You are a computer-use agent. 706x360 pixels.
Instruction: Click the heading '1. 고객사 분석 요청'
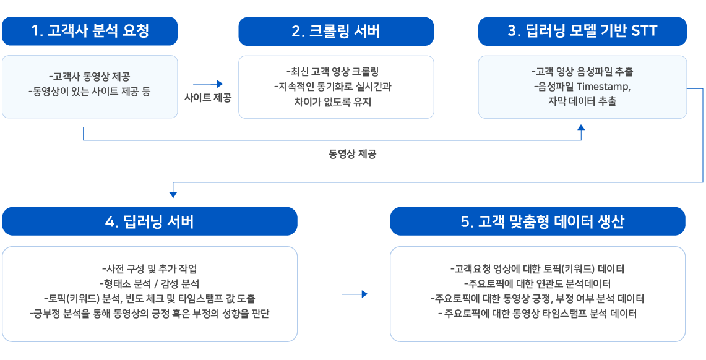(x=90, y=31)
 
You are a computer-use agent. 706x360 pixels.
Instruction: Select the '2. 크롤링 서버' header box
(x=336, y=32)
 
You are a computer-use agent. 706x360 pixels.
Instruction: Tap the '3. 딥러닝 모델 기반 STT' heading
(x=583, y=32)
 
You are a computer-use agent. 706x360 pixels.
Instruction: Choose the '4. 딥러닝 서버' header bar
(x=150, y=221)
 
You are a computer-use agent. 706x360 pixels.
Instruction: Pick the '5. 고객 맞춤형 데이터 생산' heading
(x=538, y=221)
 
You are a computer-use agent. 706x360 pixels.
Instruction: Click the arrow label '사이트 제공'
(x=208, y=98)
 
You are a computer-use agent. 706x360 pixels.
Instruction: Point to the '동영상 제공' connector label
(x=353, y=155)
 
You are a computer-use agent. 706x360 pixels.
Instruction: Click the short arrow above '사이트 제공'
(x=208, y=84)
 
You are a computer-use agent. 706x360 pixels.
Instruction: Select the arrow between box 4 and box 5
(x=353, y=294)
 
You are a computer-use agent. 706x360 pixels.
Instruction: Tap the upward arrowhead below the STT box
(x=581, y=128)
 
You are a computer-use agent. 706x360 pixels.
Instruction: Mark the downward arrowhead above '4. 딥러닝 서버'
(x=173, y=194)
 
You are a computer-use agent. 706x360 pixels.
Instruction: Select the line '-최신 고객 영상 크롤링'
(x=336, y=72)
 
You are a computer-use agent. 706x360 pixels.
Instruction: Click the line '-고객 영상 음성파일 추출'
(x=583, y=72)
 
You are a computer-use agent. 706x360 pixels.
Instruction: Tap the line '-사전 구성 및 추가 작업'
(x=150, y=269)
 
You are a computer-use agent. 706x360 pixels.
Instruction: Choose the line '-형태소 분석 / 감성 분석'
(x=150, y=283)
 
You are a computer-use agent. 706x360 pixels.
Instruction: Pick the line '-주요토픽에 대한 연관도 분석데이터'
(x=537, y=283)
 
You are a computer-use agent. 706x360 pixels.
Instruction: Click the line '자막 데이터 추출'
(x=583, y=101)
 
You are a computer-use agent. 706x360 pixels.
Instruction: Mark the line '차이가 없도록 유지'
(x=336, y=101)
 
